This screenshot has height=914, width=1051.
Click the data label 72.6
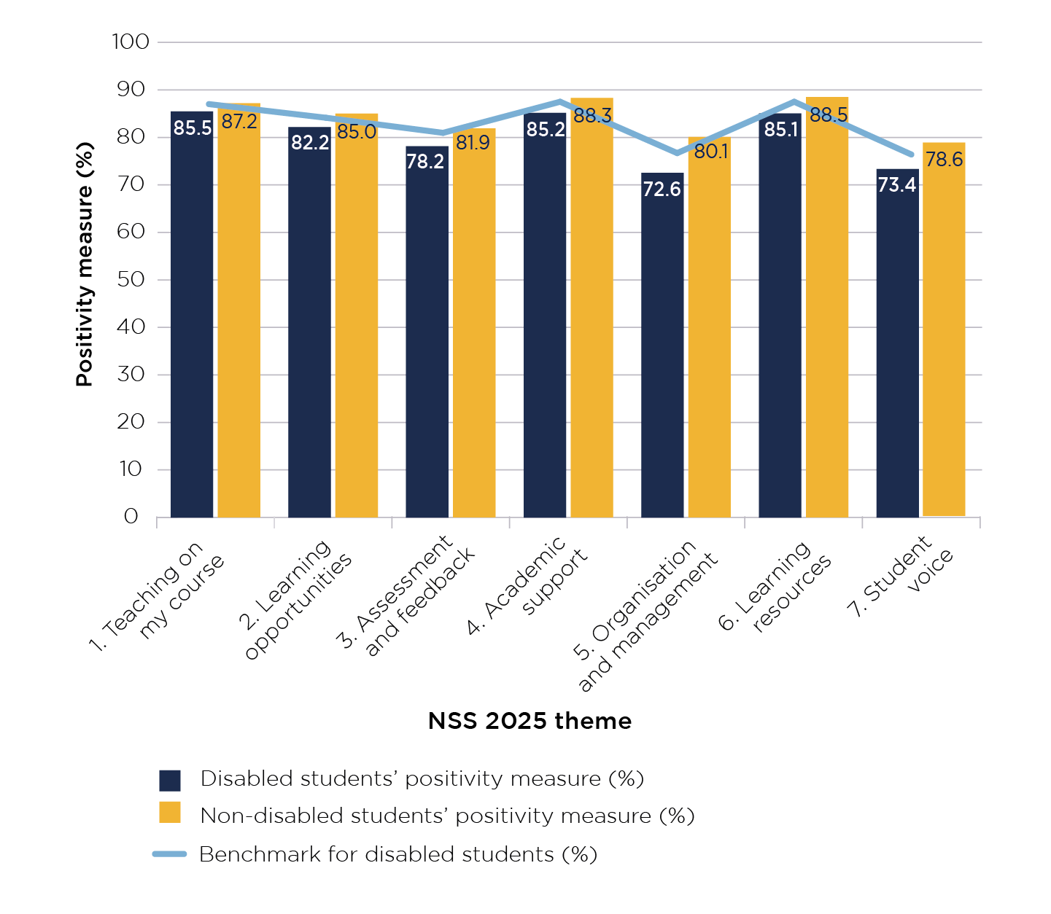(662, 190)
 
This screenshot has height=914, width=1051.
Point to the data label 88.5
(828, 115)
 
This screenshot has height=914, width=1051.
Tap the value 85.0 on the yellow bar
(357, 132)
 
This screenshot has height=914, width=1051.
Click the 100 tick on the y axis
(131, 42)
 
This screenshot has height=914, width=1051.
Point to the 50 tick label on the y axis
(131, 280)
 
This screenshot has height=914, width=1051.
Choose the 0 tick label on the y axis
(131, 517)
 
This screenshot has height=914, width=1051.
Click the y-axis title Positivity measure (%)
(85, 265)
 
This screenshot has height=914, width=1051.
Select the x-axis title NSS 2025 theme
(530, 721)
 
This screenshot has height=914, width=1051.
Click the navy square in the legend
(170, 780)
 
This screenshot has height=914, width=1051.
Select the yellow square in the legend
(170, 813)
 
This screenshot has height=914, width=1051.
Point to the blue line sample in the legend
(170, 854)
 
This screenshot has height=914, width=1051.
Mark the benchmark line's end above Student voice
(912, 155)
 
